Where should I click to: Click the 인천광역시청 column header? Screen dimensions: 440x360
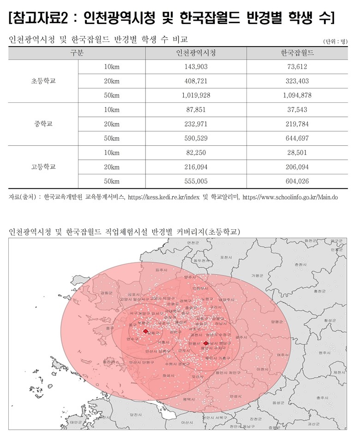pos(196,53)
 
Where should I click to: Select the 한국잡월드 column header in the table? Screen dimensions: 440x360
pos(297,53)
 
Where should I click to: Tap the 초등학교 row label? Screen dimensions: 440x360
pos(43,81)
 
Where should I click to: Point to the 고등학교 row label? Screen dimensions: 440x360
pos(43,167)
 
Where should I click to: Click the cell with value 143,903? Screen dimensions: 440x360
pos(196,66)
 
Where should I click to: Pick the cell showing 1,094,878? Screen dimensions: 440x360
pos(297,95)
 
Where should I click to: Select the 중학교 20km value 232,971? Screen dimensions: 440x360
pos(196,124)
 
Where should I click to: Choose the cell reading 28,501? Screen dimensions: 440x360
pos(297,153)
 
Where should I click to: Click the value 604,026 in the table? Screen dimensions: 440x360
pos(297,181)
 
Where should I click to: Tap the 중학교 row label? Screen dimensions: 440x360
pos(43,124)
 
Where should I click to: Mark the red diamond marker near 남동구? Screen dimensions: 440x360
pos(145,331)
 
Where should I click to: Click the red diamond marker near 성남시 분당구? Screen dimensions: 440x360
pos(205,343)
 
